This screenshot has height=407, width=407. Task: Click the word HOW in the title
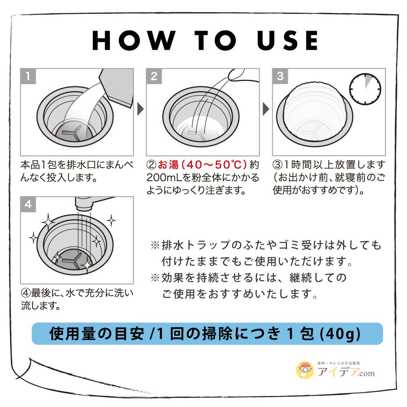point(133,40)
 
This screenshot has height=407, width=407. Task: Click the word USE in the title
point(288,40)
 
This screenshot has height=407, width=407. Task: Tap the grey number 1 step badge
point(28,77)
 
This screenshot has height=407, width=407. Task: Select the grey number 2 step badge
point(154,77)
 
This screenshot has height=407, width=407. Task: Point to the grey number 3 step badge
point(280,77)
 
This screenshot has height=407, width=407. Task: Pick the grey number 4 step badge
point(28,204)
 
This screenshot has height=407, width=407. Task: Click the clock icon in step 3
point(365,89)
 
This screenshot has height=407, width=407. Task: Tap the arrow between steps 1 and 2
point(140,109)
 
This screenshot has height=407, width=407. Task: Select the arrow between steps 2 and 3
point(266,109)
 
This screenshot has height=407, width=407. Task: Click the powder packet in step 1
point(117,87)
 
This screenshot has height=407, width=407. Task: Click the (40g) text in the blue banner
point(340,334)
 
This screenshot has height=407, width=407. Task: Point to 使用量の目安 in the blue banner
point(96,334)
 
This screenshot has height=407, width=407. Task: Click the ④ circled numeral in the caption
point(26,293)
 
